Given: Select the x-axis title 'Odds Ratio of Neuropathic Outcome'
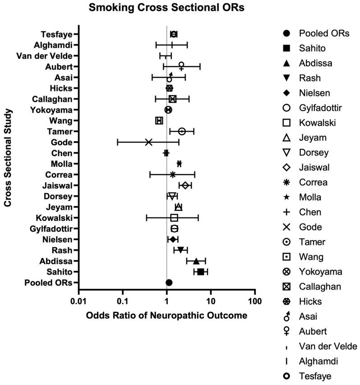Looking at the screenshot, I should click(166, 316).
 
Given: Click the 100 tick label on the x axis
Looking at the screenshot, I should click(255, 301).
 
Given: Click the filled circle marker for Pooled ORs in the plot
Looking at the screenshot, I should click(169, 283).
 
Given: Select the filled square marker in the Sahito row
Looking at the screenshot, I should click(201, 272).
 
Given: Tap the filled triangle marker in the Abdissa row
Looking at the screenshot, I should click(196, 261).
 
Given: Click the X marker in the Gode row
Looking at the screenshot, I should click(148, 142).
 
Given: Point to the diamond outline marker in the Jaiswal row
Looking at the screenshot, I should click(185, 185).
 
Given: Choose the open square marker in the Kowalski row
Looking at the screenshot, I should click(174, 218).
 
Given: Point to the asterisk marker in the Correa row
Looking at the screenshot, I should click(172, 174).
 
